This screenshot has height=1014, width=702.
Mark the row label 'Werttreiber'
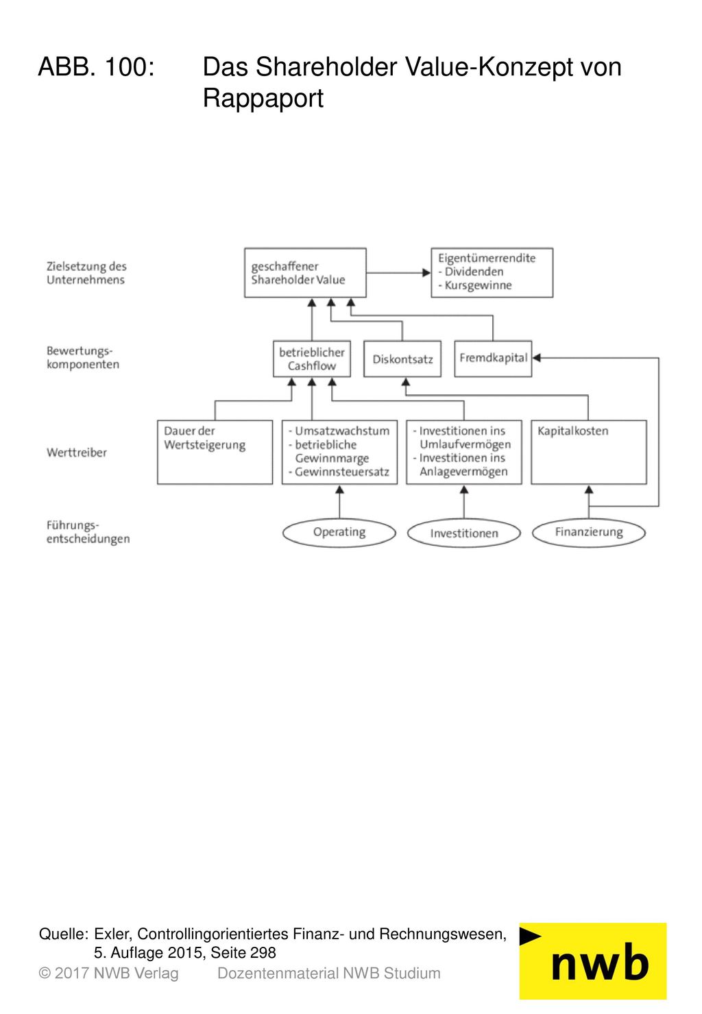[77, 452]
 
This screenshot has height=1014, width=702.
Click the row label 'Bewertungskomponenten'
[83, 358]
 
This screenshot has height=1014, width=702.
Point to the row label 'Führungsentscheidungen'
[88, 532]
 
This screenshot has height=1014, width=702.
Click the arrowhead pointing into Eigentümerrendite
[426, 272]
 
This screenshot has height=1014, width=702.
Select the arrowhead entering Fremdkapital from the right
[537, 358]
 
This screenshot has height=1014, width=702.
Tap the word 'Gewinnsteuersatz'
[342, 472]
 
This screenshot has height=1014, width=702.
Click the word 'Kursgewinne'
[478, 285]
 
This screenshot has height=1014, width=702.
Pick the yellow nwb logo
[593, 961]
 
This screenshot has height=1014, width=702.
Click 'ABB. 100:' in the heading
[97, 67]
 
